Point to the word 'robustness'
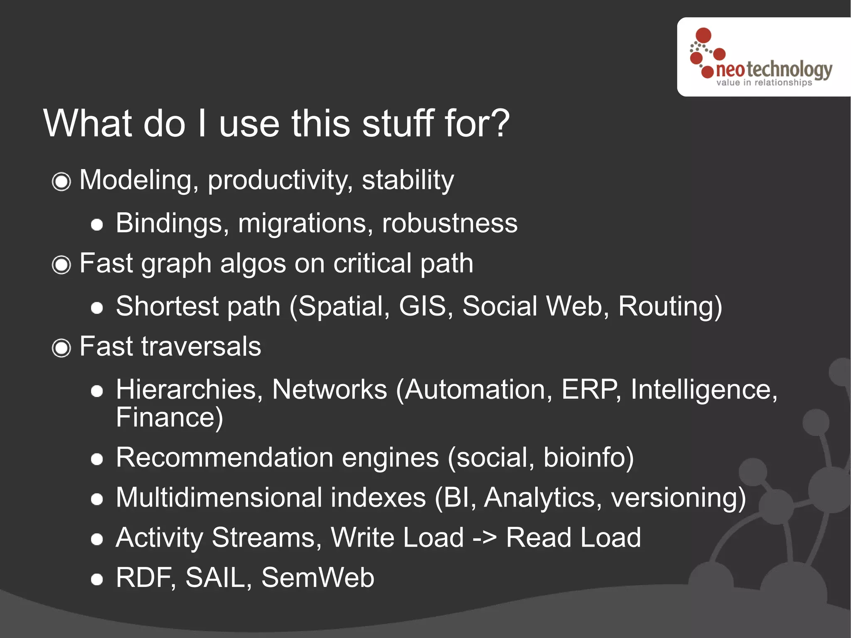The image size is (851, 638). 450,223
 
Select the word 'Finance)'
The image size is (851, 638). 170,418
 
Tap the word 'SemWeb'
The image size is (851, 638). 317,578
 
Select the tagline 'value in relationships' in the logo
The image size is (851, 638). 764,83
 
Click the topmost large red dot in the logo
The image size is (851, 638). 703,35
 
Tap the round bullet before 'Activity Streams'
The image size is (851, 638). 97,539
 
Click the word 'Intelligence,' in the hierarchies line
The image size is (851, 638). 703,390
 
